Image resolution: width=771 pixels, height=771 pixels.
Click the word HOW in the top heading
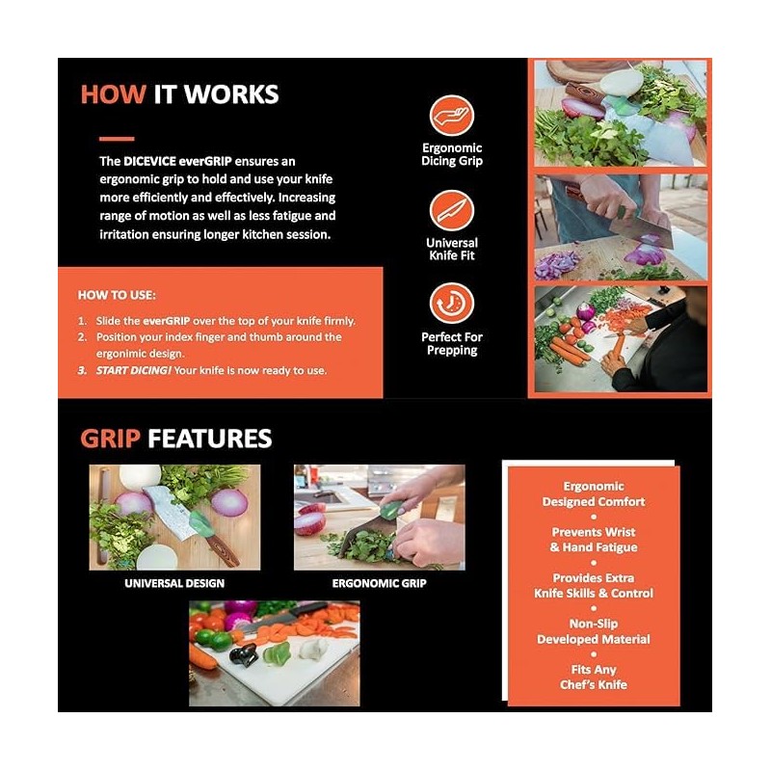click(113, 94)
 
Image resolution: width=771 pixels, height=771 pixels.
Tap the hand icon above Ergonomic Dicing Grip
click(451, 116)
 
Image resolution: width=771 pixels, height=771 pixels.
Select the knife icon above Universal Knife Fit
click(451, 210)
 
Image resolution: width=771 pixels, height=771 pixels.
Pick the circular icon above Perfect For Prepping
click(451, 304)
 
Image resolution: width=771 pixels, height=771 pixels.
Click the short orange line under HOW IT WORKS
click(117, 139)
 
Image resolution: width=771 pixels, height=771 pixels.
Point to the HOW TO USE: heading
click(117, 296)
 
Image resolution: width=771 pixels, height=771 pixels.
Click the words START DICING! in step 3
click(130, 370)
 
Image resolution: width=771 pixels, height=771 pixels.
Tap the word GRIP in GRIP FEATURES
click(110, 439)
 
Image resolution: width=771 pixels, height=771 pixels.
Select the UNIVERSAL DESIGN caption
click(174, 583)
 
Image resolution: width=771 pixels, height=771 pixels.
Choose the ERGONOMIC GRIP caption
click(379, 583)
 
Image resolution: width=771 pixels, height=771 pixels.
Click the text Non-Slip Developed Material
click(594, 631)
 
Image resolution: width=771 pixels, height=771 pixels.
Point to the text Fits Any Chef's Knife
click(594, 677)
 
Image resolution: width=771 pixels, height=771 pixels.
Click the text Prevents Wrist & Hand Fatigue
click(594, 540)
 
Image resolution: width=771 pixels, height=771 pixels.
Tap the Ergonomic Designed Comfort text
click(594, 494)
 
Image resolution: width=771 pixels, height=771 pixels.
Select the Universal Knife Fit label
click(451, 249)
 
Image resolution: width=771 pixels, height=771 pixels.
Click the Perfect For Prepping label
click(451, 343)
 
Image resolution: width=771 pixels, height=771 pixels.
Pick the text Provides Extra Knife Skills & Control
click(594, 585)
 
